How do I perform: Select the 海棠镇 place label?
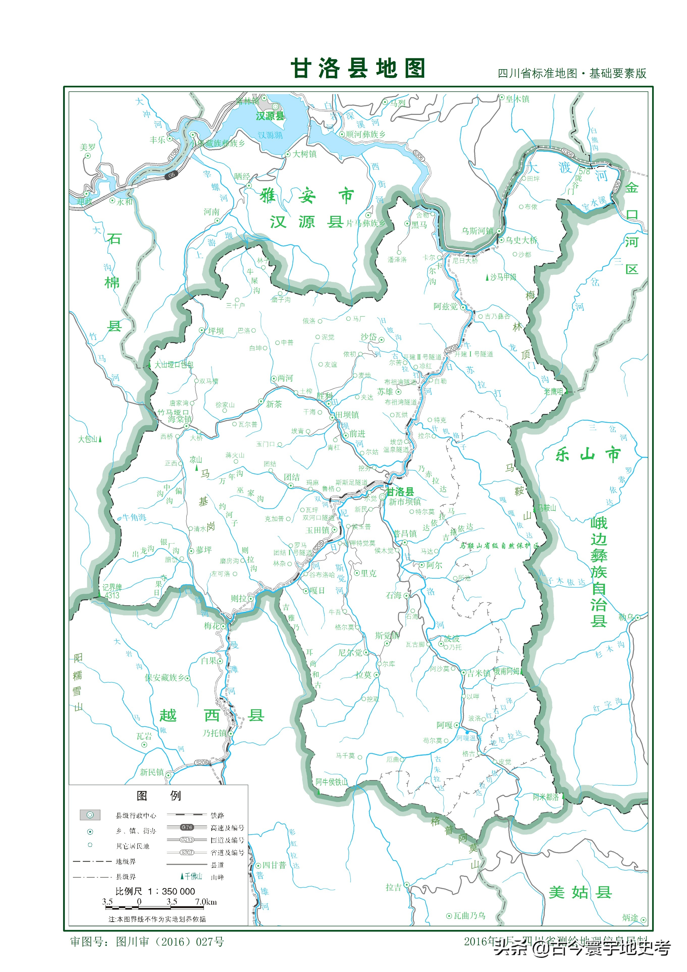coord(180,419)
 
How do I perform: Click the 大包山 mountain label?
coord(88,439)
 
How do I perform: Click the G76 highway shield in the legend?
coord(187,827)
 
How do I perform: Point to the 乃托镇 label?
coord(215,733)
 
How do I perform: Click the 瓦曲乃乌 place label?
coord(469,916)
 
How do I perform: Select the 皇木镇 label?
coord(517,99)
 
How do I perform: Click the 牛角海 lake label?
coord(134,517)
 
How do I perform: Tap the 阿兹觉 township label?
coord(445,306)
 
